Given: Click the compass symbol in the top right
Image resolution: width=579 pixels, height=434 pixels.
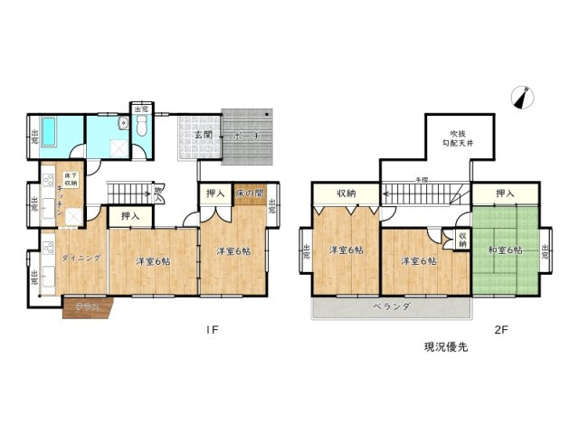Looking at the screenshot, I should point(520,97).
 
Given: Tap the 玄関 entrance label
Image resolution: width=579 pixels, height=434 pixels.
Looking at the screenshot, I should point(203,136).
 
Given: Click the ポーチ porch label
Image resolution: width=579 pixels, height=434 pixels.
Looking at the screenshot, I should point(245,136).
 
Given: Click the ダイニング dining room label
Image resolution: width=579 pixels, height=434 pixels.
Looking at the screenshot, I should point(81,259).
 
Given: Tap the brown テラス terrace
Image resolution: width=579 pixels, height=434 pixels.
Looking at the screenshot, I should point(87,307).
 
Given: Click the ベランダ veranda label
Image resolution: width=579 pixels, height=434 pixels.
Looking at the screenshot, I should point(391,307).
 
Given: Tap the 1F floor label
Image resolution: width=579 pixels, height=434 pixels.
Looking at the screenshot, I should point(212,329).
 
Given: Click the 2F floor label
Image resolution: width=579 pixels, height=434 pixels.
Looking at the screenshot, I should point(501,329).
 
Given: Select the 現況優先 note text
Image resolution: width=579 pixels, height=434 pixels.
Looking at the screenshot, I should point(447,346).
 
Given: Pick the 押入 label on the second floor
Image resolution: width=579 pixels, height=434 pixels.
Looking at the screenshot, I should point(505,193).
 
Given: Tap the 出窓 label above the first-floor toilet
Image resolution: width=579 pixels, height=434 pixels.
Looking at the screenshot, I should point(140,109).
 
